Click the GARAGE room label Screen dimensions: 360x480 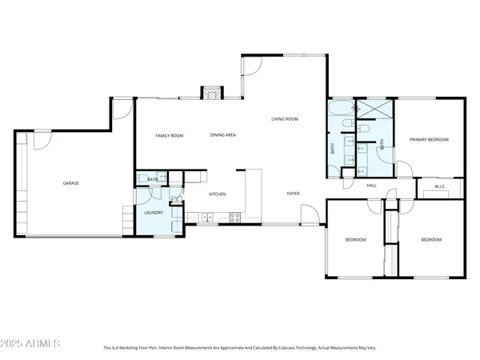(71, 183)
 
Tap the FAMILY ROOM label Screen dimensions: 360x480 (169, 136)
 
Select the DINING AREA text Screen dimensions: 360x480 (222, 135)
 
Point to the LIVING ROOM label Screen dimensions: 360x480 (285, 119)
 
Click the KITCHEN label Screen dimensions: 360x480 (218, 194)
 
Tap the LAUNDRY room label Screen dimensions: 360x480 (154, 213)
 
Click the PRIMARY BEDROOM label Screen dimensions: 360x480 (429, 140)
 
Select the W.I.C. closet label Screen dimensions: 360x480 (439, 188)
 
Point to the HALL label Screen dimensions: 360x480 (371, 186)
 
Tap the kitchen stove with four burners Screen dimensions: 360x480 (235, 216)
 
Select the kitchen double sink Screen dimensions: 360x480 (206, 216)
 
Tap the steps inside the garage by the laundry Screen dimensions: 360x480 (127, 218)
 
